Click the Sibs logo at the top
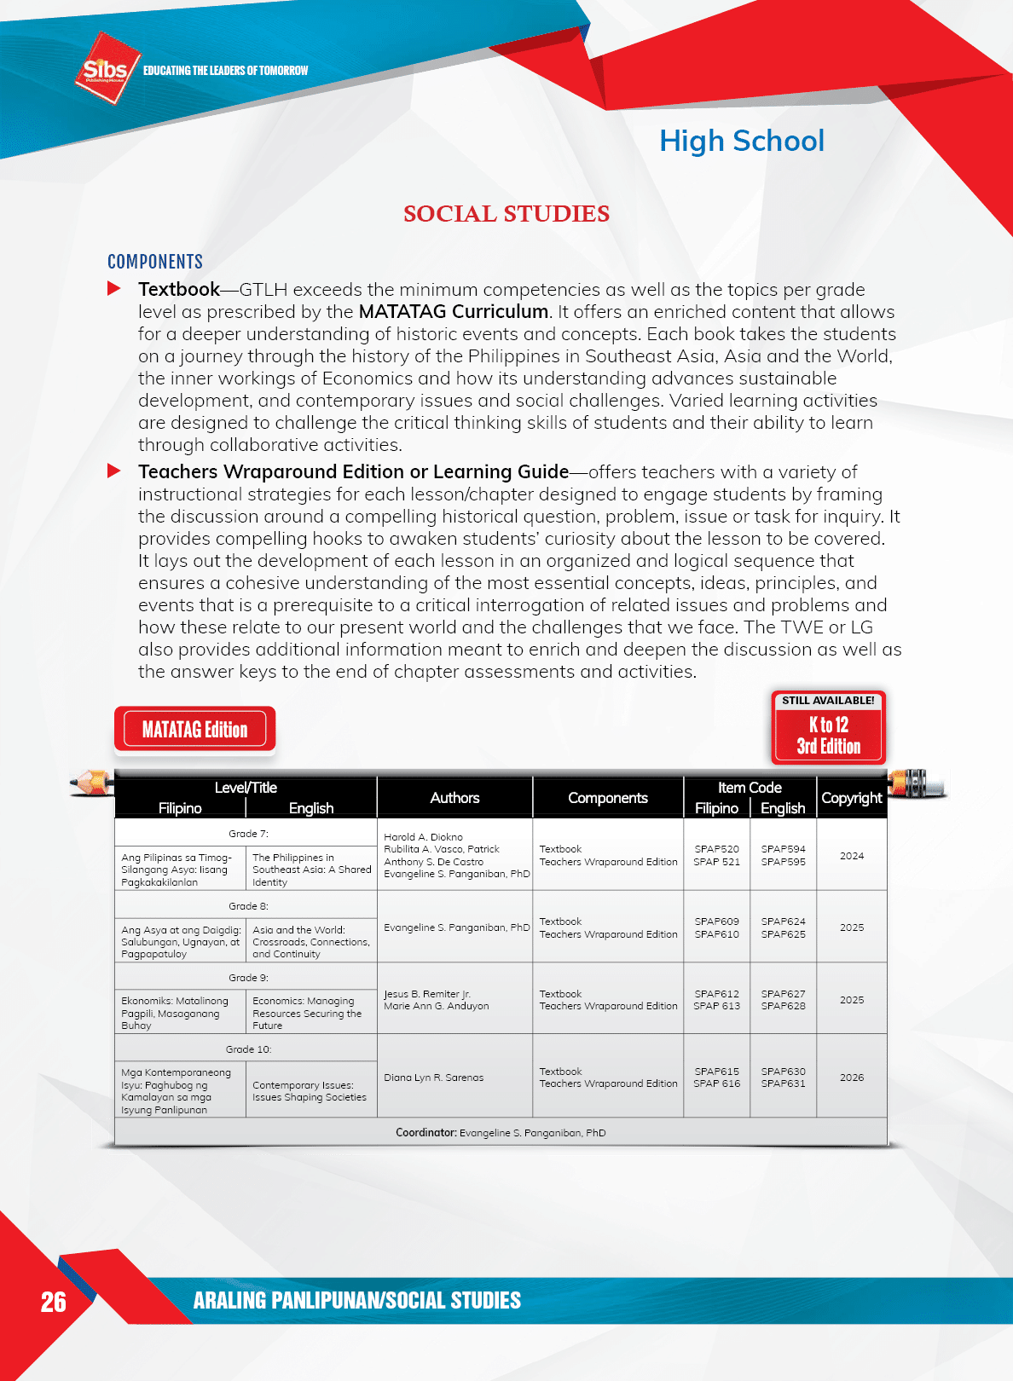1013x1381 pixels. (x=106, y=68)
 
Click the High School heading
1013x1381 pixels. (x=742, y=141)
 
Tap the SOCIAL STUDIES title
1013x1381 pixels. (x=506, y=213)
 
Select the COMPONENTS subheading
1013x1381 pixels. (x=155, y=262)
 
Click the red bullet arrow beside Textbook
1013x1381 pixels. (x=114, y=289)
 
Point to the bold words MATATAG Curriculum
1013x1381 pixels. (x=453, y=312)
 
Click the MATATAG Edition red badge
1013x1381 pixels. (x=194, y=730)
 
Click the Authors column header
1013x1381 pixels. (x=454, y=798)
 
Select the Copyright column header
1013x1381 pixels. (x=851, y=798)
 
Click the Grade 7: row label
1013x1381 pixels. (x=248, y=834)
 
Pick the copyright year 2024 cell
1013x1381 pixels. (x=852, y=856)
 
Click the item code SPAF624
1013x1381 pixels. (x=783, y=922)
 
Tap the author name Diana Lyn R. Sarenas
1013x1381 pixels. (x=433, y=1078)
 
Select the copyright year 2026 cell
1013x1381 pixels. (x=852, y=1078)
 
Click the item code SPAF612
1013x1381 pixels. (x=716, y=994)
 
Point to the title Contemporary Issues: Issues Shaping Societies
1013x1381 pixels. (x=310, y=1091)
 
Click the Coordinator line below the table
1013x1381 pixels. (x=501, y=1133)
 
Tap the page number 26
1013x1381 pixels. (x=53, y=1302)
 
